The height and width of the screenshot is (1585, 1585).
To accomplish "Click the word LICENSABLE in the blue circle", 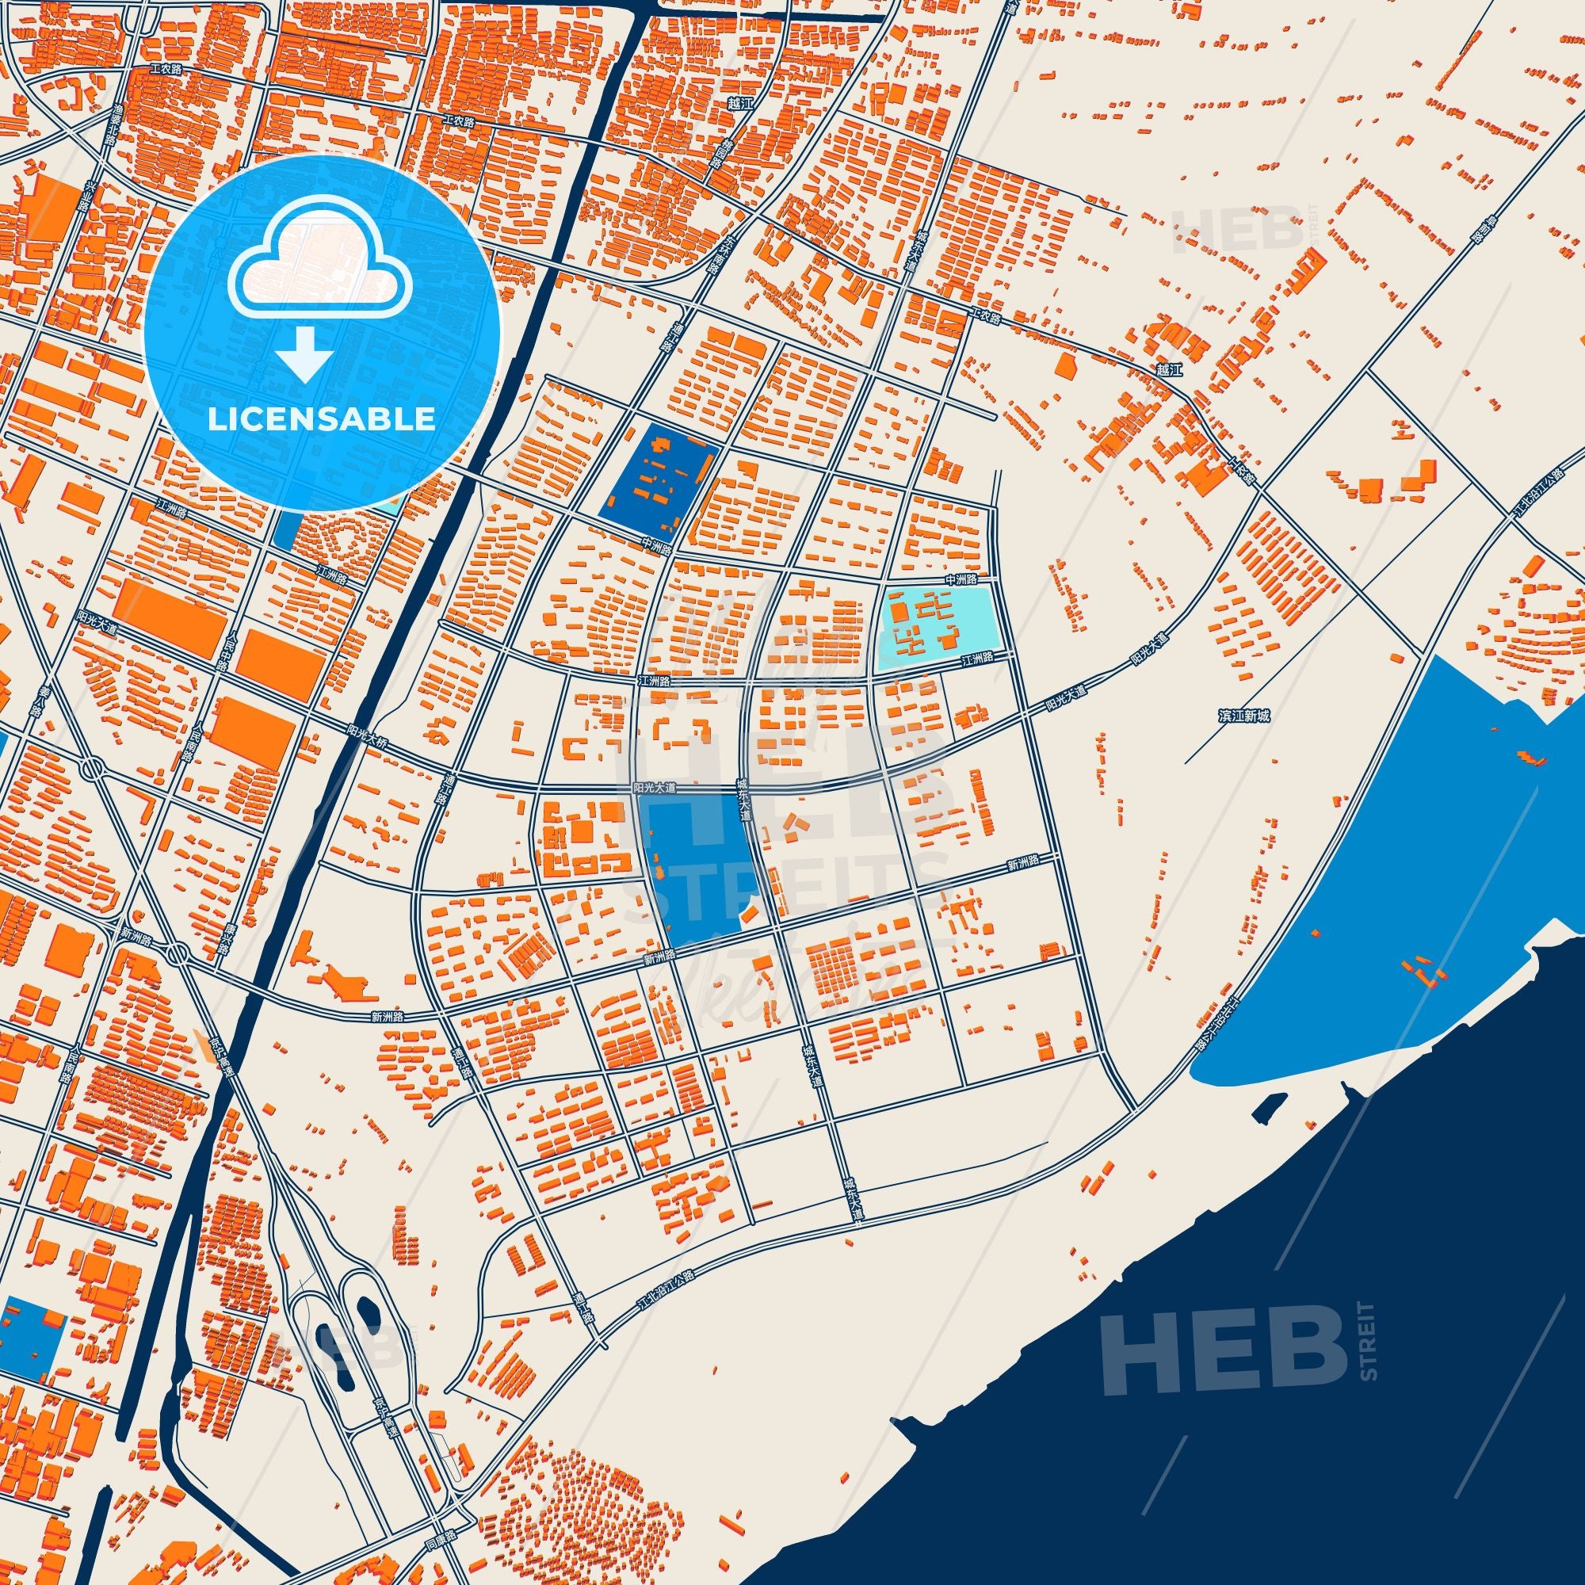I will click(321, 419).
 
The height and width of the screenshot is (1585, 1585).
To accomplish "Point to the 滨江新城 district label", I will click(1243, 716).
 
